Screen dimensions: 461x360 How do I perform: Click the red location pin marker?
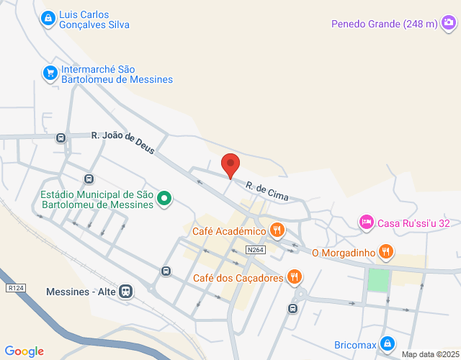230,165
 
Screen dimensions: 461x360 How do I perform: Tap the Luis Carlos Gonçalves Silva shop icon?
48,17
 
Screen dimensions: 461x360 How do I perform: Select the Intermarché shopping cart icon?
50,73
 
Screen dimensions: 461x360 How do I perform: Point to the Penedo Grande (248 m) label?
385,24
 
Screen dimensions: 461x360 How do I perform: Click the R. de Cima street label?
267,189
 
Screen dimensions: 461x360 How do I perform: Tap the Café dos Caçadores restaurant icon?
294,276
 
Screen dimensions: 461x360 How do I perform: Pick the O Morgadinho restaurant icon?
386,251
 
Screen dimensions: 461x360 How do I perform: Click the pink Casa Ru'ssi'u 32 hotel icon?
366,222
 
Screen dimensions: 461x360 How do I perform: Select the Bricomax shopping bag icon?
388,343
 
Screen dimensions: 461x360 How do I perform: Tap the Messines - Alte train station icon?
126,292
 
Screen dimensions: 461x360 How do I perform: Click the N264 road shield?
254,250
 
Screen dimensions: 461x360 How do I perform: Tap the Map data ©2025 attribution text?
429,354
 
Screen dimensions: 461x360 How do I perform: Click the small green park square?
378,279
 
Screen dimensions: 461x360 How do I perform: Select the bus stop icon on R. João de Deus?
61,137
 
